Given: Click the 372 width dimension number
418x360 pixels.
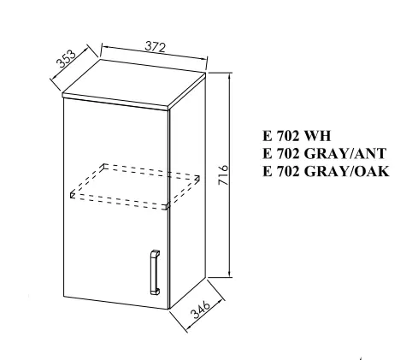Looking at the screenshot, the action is click(x=155, y=46).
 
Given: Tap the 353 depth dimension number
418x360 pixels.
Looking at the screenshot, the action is click(x=66, y=59).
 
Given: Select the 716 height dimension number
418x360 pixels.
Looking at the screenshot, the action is click(x=223, y=174).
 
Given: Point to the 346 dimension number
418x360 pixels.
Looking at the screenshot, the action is click(x=201, y=309).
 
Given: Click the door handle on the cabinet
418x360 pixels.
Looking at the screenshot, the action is click(x=155, y=272).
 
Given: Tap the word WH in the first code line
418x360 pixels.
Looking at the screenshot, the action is click(x=317, y=136).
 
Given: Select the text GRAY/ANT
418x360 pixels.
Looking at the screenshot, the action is click(x=345, y=153).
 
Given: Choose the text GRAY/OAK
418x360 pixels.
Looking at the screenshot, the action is click(x=346, y=171).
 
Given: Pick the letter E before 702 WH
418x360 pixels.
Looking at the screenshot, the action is click(x=268, y=136).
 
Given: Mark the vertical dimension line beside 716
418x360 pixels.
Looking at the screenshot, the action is click(x=230, y=174).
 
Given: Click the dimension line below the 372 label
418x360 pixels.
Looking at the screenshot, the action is click(x=155, y=53).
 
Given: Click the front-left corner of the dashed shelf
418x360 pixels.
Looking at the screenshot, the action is click(x=71, y=195).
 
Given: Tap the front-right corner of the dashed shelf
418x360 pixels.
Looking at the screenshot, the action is click(x=167, y=207).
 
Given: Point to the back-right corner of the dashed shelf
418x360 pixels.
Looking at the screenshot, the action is click(x=198, y=178).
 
